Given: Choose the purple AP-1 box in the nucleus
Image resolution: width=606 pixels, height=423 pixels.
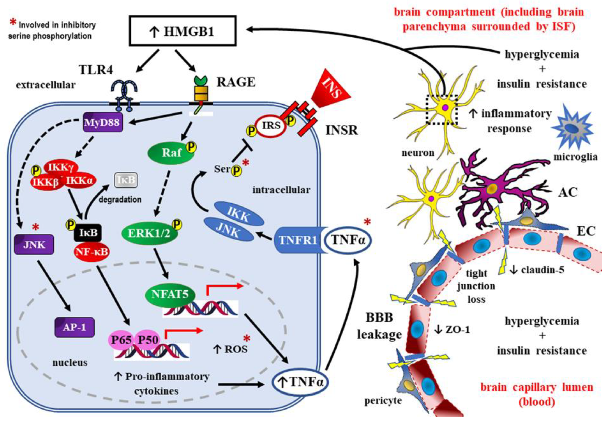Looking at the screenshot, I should coord(75,327).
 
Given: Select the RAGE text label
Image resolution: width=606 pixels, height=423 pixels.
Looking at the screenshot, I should coord(236,82).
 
